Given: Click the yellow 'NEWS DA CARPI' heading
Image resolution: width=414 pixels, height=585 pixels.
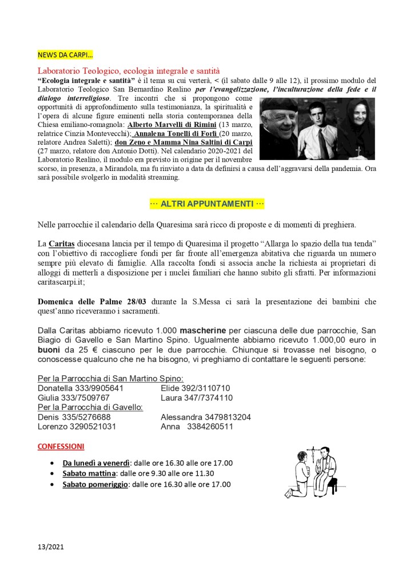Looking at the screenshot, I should click(65, 55).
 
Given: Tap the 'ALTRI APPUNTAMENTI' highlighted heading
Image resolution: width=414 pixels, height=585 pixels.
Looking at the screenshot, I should click(207, 204).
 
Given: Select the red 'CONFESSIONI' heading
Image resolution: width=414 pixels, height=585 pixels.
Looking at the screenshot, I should click(61, 446).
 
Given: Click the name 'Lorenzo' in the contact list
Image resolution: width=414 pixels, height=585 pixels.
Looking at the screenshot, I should click(52, 427).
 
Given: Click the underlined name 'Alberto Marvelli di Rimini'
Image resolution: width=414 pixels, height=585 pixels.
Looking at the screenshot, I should click(176, 125).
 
